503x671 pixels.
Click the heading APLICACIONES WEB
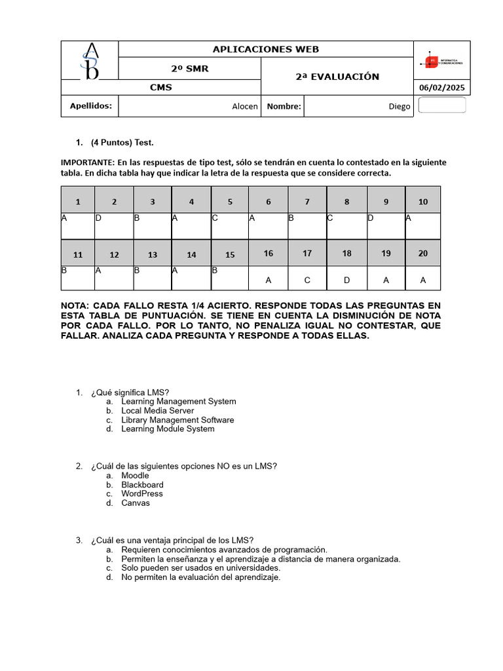(x=266, y=50)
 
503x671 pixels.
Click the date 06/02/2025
(x=442, y=88)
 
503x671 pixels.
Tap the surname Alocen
(x=245, y=106)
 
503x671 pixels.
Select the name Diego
(x=399, y=106)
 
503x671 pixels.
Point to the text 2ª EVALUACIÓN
(x=337, y=77)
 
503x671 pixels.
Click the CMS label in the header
(x=160, y=88)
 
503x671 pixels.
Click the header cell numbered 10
(x=423, y=201)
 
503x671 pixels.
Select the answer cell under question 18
(x=346, y=279)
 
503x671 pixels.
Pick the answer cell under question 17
(x=307, y=279)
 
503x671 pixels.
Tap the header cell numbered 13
(x=153, y=255)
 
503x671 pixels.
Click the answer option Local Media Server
(x=157, y=411)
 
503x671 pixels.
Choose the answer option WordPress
(x=142, y=493)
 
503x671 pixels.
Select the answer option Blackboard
(x=142, y=485)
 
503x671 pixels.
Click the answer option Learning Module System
(x=168, y=429)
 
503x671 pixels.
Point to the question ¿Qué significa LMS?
(x=130, y=393)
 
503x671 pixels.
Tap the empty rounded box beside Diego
(x=441, y=105)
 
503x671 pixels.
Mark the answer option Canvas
(x=136, y=503)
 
